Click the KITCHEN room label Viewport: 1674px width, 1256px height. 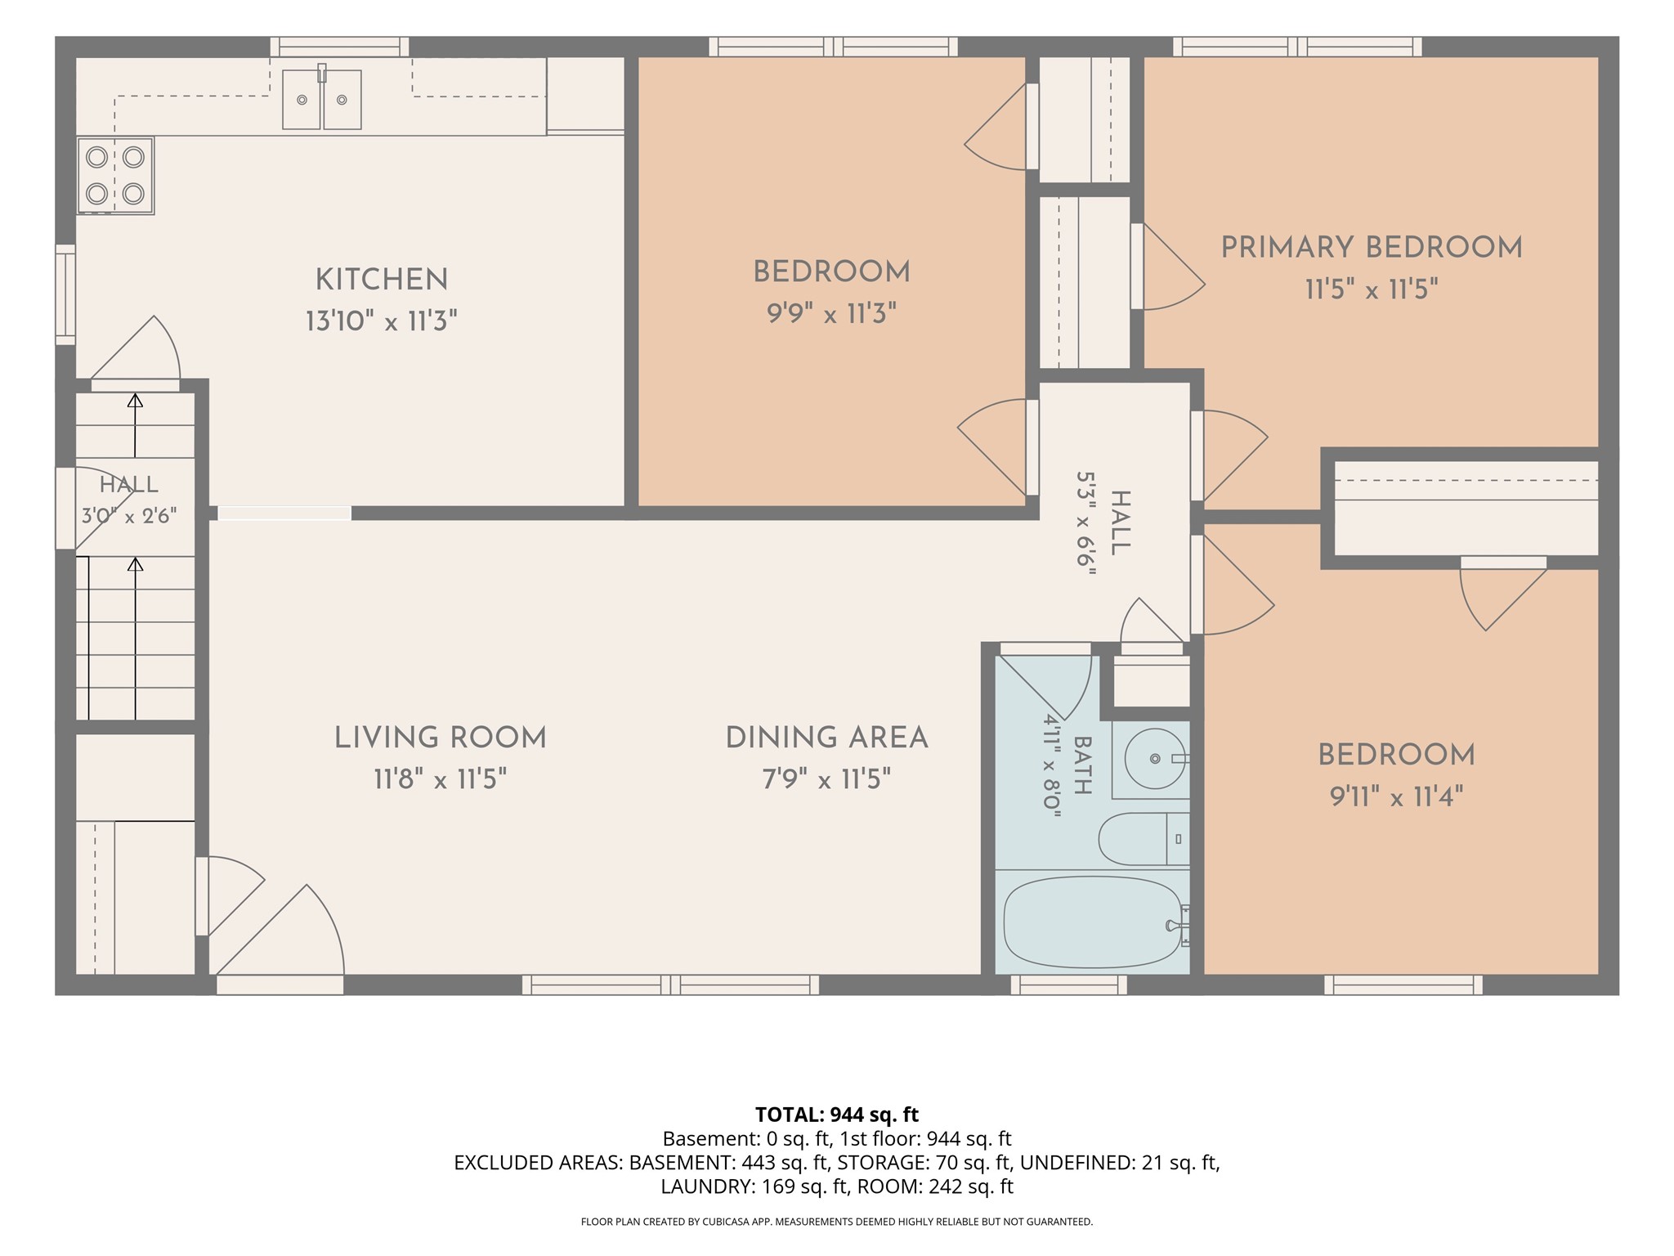click(382, 280)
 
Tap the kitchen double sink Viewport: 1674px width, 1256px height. click(322, 99)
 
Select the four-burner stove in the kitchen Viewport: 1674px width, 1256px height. click(115, 175)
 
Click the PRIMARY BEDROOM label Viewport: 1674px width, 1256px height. click(1372, 248)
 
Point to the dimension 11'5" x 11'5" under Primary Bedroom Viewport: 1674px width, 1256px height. click(1372, 289)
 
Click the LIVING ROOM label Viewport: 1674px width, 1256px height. click(441, 738)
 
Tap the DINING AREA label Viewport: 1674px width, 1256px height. click(827, 738)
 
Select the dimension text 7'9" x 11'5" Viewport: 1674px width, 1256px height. click(826, 779)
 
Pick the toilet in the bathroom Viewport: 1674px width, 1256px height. click(1144, 839)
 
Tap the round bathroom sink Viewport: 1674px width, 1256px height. click(1155, 759)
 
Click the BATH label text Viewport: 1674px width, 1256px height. click(1082, 765)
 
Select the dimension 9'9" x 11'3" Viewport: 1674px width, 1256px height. click(831, 313)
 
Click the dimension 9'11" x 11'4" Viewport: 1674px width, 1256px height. click(1396, 796)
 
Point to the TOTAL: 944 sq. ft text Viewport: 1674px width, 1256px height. click(837, 1115)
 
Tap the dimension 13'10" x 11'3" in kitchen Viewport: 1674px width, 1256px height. click(381, 321)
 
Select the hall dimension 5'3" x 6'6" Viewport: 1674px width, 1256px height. click(1085, 523)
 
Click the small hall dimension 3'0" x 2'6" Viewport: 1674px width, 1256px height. click(129, 517)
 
